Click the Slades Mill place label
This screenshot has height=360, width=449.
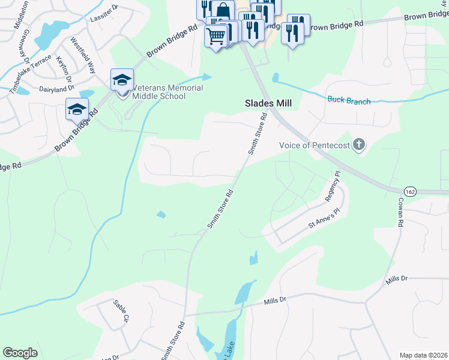(x=268, y=103)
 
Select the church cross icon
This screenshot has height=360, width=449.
(x=359, y=144)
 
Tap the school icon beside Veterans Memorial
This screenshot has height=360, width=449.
(x=122, y=80)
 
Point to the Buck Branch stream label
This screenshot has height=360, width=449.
(x=349, y=101)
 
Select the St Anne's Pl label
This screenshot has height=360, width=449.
(x=324, y=223)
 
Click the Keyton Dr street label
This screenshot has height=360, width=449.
(x=64, y=69)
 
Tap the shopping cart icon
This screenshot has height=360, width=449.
(x=215, y=35)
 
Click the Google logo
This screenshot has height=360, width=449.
(x=20, y=353)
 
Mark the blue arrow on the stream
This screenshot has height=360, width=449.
(x=207, y=77)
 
